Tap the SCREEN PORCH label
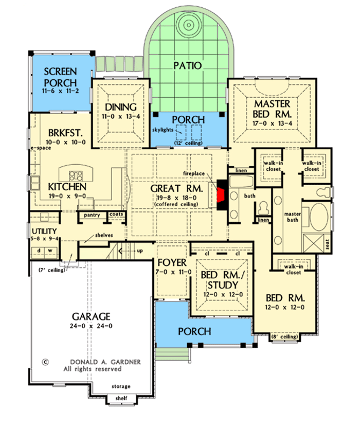point(60,77)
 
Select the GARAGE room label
point(91,316)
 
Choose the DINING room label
point(120,108)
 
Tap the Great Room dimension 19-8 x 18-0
point(175,198)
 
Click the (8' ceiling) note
point(285,337)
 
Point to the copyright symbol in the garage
point(46,362)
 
